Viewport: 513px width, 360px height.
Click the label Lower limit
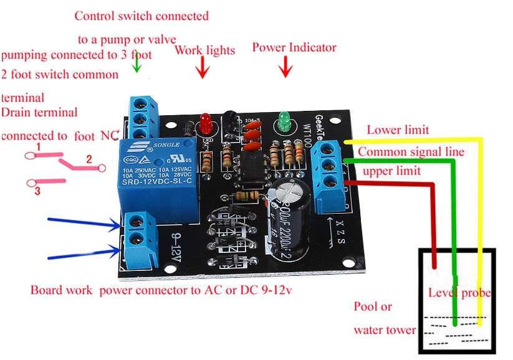coord(397,130)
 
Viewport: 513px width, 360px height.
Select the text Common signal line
coord(411,151)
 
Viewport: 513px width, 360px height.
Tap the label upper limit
coord(391,171)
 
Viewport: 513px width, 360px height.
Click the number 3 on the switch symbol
coord(37,192)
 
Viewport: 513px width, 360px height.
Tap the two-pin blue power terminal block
coord(138,239)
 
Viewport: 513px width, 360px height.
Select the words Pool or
coord(373,306)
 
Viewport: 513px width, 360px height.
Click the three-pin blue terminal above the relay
coord(143,118)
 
